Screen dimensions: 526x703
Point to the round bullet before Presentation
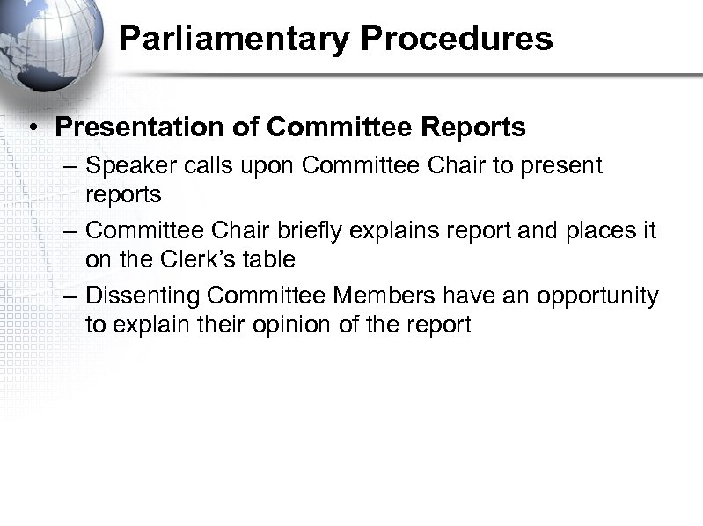(31, 128)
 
